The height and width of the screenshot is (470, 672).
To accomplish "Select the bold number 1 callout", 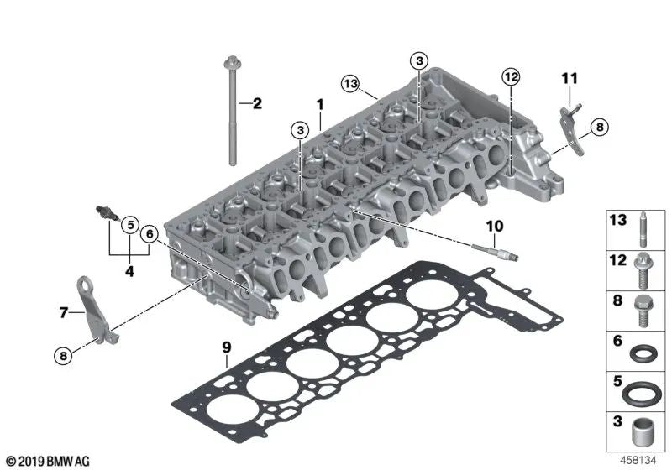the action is click(320, 104).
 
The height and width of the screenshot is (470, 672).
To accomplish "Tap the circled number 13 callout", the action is click(350, 83).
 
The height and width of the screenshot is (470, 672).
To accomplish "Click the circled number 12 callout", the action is click(512, 76).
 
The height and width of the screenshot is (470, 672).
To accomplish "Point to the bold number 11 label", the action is click(570, 78).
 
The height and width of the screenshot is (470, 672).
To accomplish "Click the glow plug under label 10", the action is click(496, 252).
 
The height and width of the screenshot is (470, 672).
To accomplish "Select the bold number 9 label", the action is click(226, 347).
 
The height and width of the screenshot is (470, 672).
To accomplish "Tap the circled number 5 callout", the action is click(130, 225).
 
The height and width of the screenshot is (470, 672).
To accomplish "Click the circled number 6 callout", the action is click(150, 233).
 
